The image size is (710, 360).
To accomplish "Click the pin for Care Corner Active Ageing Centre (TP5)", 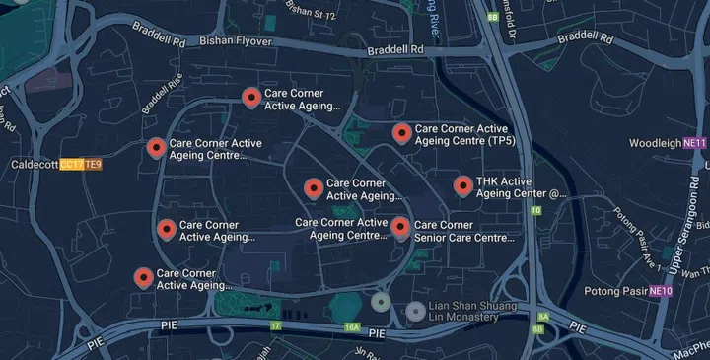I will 401,133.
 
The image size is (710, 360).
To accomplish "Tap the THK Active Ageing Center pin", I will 463,185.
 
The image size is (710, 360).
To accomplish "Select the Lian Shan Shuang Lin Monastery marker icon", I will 416,312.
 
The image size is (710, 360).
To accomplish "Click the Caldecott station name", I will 35,164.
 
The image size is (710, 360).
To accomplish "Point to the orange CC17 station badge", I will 71,164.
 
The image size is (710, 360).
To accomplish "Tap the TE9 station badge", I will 93,164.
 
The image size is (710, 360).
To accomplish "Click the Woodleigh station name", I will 655,143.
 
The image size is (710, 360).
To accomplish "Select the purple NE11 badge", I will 695,143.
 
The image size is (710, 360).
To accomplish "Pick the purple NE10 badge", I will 661,291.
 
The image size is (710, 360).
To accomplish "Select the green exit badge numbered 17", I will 276,324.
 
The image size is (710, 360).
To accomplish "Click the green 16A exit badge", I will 352,326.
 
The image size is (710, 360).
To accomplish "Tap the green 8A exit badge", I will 541,315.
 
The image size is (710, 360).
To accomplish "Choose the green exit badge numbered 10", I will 535,210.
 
